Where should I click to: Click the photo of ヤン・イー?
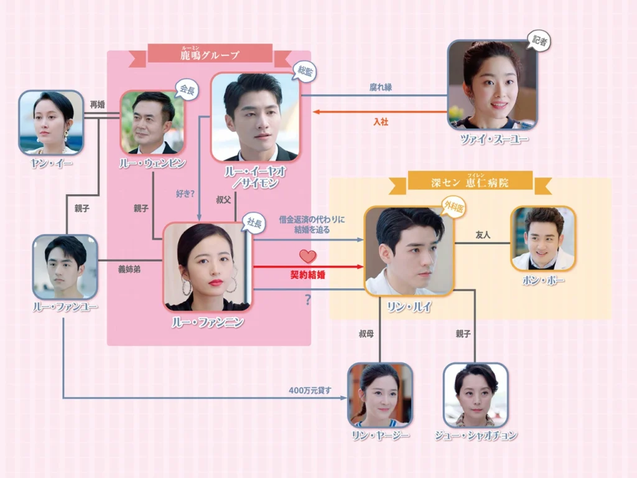click(x=51, y=122)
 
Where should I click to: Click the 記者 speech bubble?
click(x=539, y=41)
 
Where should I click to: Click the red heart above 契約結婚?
click(x=308, y=256)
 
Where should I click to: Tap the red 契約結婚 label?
click(x=308, y=273)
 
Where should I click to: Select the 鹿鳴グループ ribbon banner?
click(x=210, y=54)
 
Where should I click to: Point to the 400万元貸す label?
click(x=310, y=391)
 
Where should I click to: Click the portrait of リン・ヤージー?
click(x=379, y=395)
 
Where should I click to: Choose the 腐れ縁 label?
click(x=381, y=88)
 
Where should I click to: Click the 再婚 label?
click(x=97, y=105)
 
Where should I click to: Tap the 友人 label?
click(x=483, y=235)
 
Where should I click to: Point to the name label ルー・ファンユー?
click(x=65, y=306)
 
